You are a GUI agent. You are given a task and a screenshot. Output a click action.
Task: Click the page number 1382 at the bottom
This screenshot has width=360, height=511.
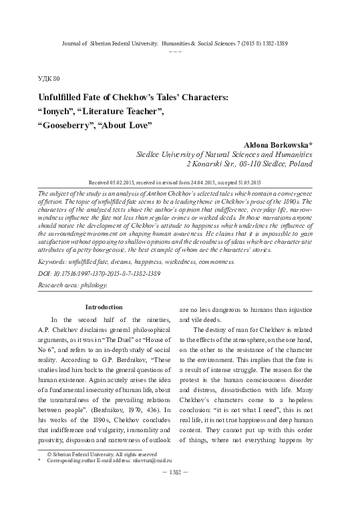click(180, 490)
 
